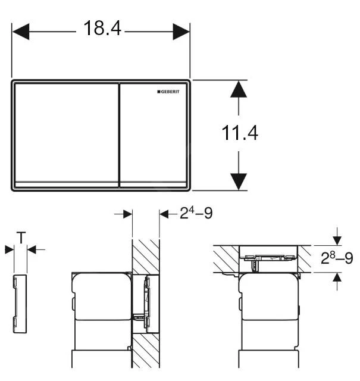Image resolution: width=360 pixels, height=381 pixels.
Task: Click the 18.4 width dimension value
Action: click(x=101, y=29)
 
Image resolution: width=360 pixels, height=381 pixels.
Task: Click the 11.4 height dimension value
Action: click(x=240, y=133)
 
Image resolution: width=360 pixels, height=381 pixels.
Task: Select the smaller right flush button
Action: click(x=154, y=134)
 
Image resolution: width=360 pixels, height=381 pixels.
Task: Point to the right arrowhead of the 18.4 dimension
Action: click(x=181, y=32)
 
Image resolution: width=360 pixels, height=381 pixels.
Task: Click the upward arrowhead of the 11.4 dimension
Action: click(x=239, y=89)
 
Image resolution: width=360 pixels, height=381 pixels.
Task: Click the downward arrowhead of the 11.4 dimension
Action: click(x=239, y=181)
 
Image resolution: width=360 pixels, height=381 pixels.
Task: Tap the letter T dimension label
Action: click(x=20, y=239)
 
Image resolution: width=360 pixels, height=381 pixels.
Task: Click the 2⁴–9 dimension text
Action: click(x=196, y=213)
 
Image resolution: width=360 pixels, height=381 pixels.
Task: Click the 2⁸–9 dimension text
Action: click(x=337, y=258)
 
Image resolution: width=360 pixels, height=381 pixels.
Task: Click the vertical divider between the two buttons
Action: click(x=119, y=135)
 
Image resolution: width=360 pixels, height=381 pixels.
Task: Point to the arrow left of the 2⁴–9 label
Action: click(x=167, y=214)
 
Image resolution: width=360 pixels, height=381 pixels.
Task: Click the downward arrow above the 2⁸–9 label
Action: click(x=337, y=239)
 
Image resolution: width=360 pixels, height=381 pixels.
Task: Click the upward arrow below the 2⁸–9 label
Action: click(x=337, y=277)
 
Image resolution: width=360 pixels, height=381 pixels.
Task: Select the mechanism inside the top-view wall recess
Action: click(x=268, y=256)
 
